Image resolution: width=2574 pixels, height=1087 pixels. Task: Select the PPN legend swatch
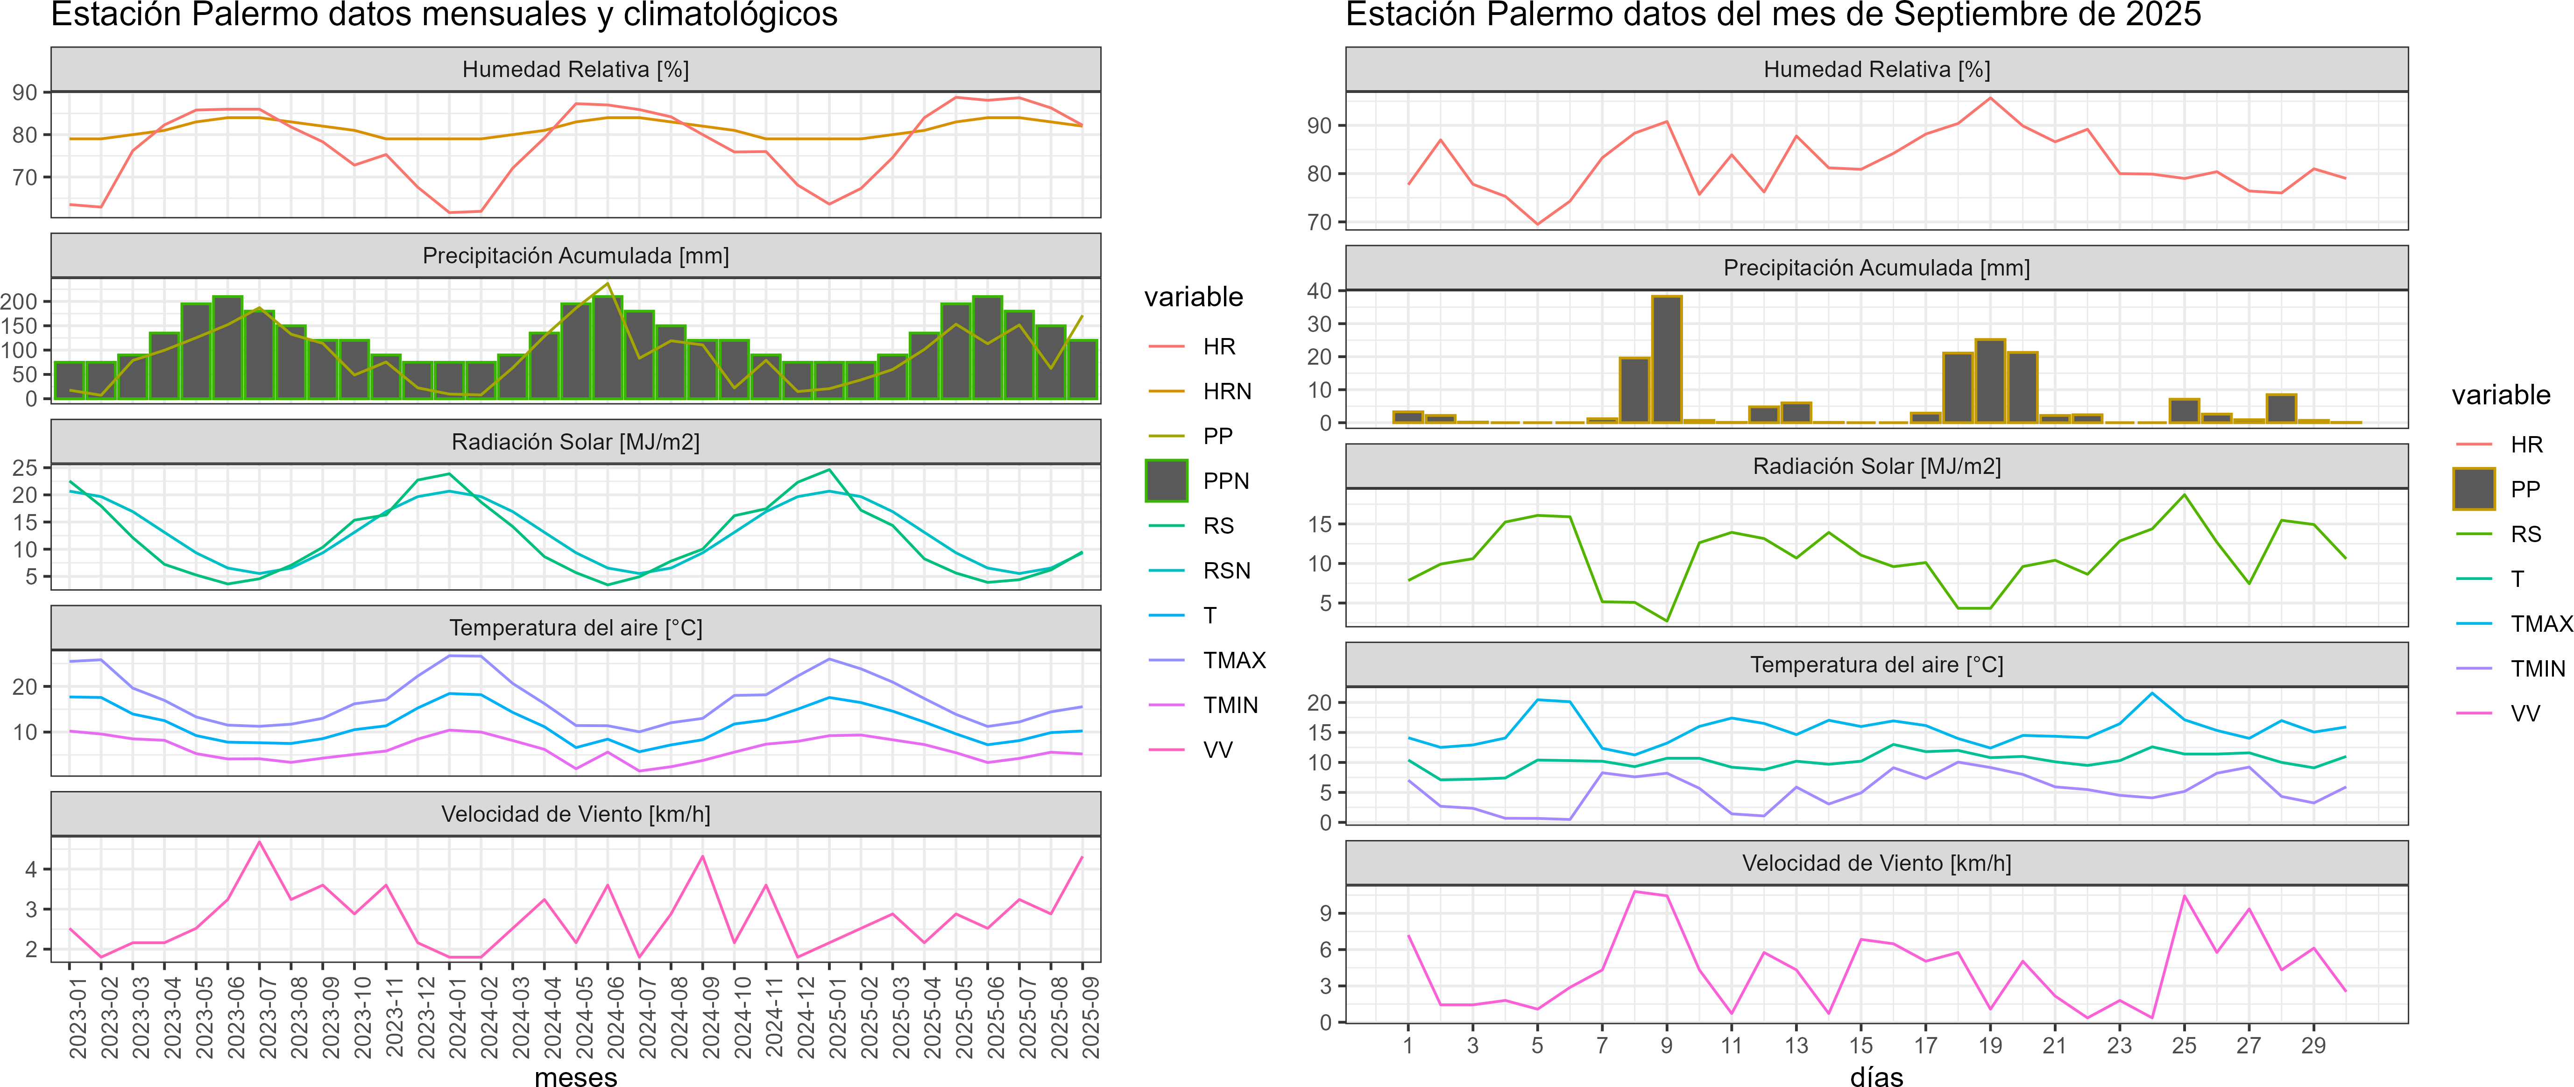click(1166, 480)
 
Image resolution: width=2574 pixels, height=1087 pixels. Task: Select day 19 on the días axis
click(1989, 1045)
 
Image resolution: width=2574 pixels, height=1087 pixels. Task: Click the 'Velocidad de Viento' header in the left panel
click(575, 814)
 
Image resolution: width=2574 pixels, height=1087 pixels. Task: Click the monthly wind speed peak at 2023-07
click(260, 842)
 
